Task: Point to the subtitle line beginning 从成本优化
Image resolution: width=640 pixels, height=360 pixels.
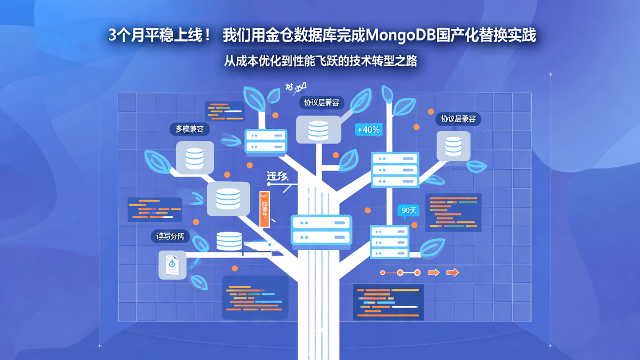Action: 320,60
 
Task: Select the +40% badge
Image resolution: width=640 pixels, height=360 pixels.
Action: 368,130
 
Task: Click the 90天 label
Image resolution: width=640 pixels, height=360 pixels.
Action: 409,210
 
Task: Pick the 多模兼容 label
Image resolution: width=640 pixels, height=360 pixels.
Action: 189,129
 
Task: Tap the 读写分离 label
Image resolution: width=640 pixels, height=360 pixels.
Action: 170,236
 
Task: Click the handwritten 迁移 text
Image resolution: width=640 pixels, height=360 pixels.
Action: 277,176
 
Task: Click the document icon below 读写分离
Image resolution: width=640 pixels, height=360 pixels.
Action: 172,265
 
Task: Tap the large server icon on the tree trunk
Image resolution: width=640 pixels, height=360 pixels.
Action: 321,230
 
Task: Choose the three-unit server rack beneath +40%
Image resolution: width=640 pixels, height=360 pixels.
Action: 395,170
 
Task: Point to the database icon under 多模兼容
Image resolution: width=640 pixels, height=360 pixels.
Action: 195,157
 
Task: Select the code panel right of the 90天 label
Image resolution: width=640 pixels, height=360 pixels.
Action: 453,212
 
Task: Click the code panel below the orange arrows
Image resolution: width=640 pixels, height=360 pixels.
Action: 388,302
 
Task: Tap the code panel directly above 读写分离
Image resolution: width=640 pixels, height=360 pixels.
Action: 154,209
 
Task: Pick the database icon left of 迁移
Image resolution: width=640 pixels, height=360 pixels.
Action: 228,199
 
